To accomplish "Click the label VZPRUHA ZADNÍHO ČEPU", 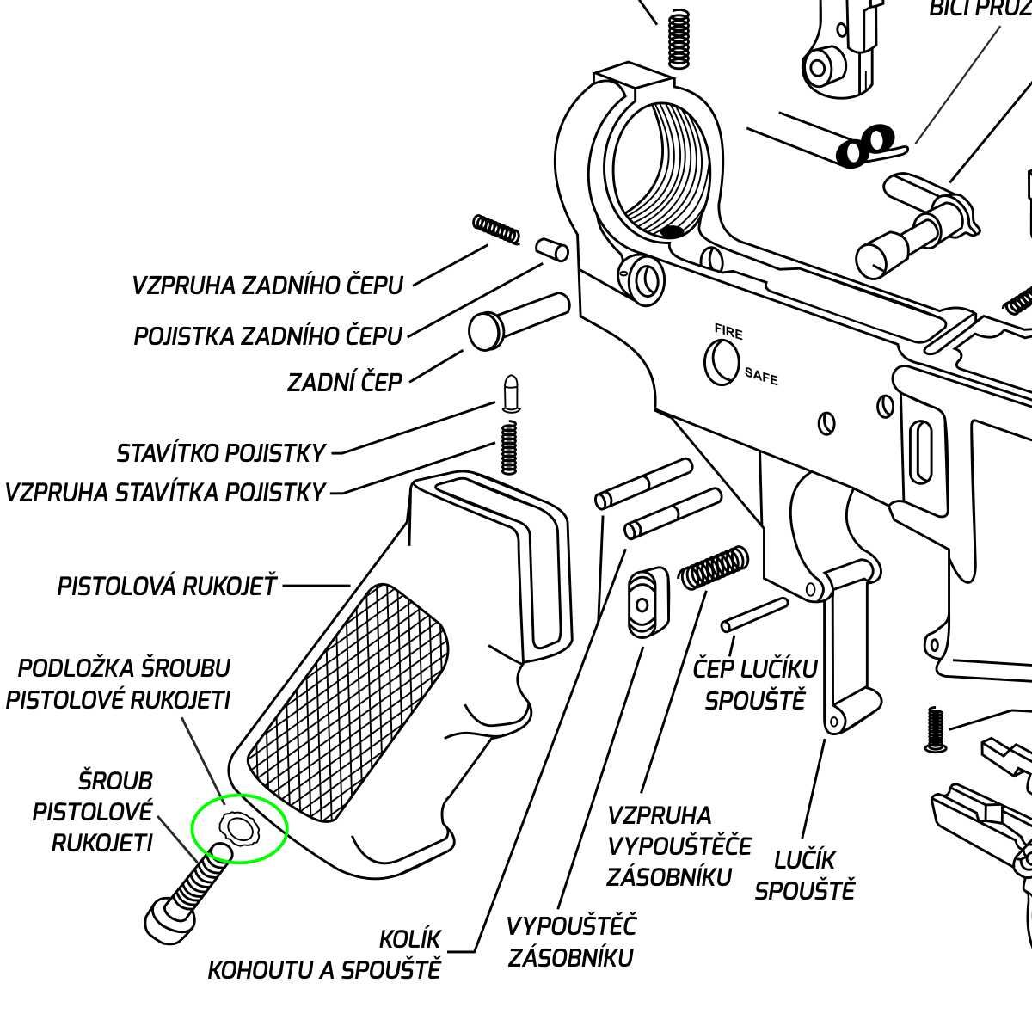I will (x=267, y=286).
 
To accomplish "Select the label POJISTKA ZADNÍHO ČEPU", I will (x=267, y=336).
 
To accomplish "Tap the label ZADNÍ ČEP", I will (x=345, y=382).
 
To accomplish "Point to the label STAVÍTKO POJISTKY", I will (x=221, y=452).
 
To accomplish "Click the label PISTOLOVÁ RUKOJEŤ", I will (x=168, y=587).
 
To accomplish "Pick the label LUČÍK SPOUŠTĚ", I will (x=805, y=874).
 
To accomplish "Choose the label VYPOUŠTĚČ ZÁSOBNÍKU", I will (x=571, y=942).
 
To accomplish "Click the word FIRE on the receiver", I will (x=728, y=330).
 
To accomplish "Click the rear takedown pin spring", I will (x=496, y=229).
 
